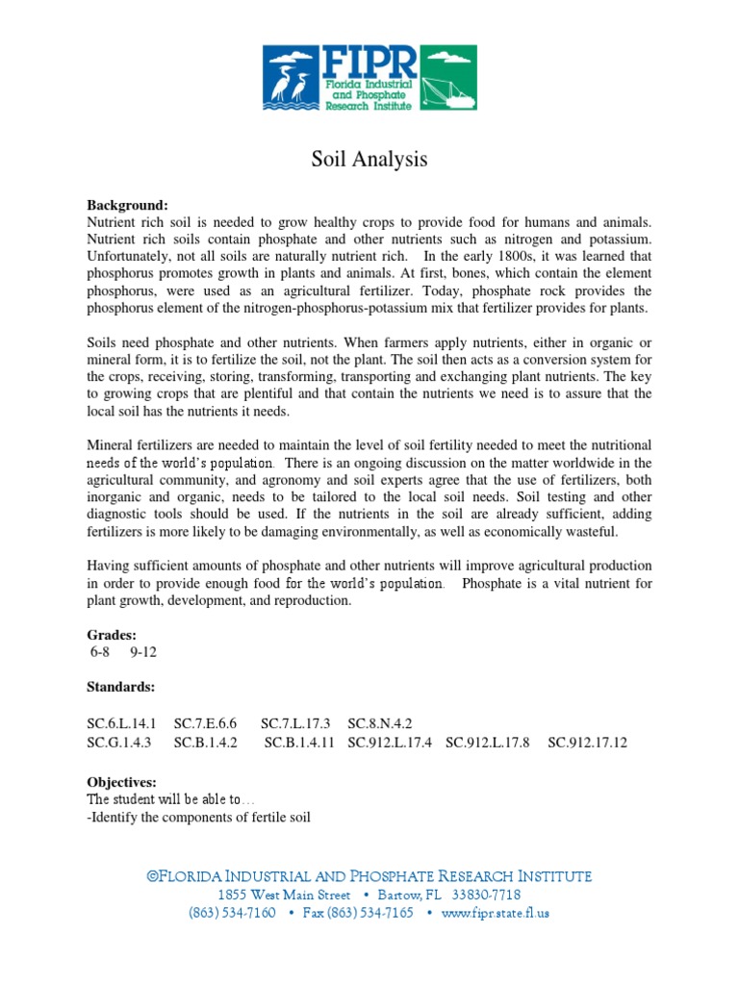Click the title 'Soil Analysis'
tap(369, 160)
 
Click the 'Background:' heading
tap(127, 206)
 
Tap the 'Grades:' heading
tap(112, 635)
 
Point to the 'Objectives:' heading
tap(121, 783)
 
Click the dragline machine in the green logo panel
tap(448, 81)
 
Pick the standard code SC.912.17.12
tap(587, 743)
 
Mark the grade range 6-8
tap(100, 651)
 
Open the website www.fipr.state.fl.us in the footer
tap(496, 913)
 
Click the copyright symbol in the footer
tap(151, 875)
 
